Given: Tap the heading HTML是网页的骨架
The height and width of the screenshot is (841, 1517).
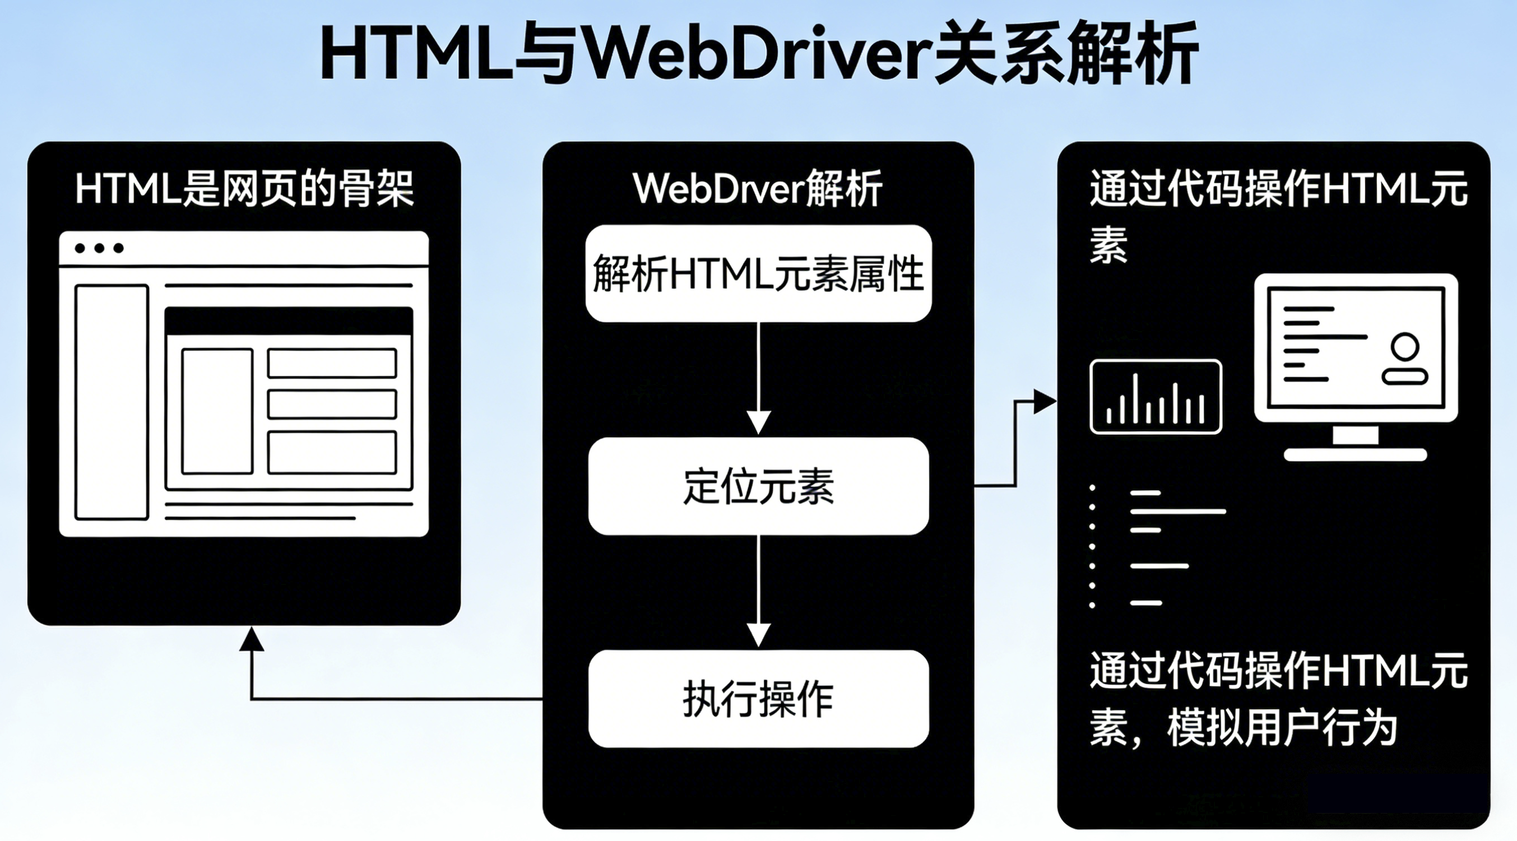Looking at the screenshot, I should coord(244,189).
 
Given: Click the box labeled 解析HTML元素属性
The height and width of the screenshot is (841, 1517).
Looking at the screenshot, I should coord(759,274).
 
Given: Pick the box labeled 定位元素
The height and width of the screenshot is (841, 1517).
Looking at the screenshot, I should coord(759,486).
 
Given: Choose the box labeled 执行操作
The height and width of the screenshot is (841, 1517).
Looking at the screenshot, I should coord(759,699).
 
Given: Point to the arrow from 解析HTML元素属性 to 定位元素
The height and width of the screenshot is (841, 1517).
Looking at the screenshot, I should coord(759,377).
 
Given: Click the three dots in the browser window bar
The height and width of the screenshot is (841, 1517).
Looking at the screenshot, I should coord(99,248).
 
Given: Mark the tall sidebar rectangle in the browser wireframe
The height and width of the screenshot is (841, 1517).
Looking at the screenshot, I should coord(112,402).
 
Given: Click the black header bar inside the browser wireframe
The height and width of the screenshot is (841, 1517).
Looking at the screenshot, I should coord(289,321).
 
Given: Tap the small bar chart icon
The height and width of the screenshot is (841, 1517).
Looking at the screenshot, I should coord(1156,397).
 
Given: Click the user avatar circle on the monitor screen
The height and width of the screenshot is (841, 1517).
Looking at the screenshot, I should coord(1405,346).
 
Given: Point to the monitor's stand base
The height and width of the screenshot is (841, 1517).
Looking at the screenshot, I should coord(1355,454).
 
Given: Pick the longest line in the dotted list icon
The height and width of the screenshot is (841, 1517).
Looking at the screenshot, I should coord(1178,511).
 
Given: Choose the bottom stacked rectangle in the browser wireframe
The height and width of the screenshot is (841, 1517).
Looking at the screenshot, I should coord(332,452).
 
